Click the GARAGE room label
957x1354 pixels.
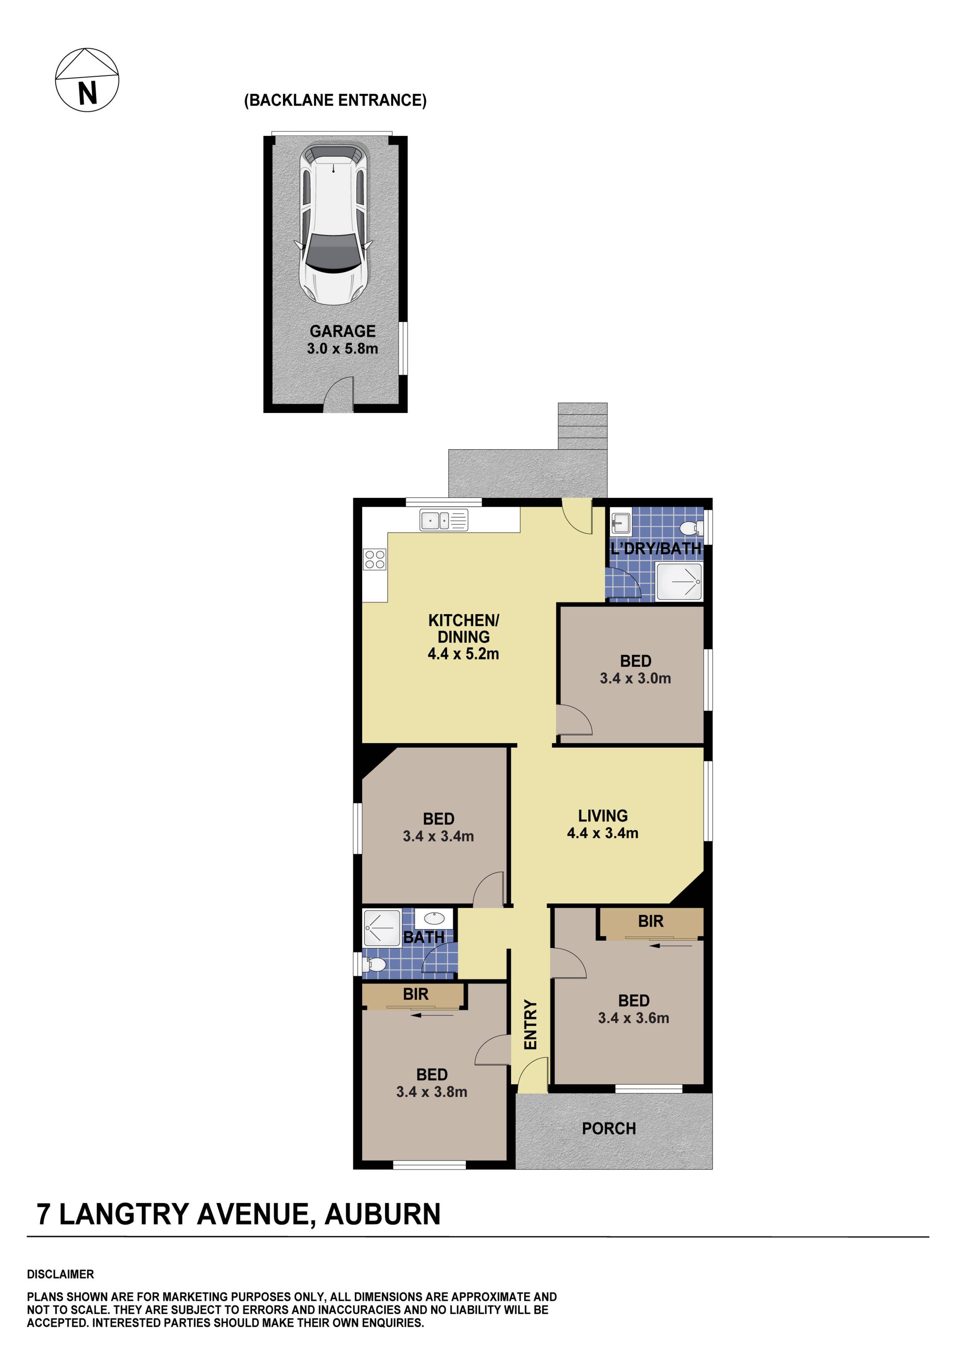pyautogui.click(x=342, y=332)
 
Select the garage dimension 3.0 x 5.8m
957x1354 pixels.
pyautogui.click(x=342, y=349)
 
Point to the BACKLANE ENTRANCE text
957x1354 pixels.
pyautogui.click(x=335, y=100)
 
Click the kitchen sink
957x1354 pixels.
pyautogui.click(x=444, y=520)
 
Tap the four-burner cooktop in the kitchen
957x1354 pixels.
pyautogui.click(x=374, y=559)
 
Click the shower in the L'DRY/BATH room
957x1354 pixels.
pyautogui.click(x=679, y=582)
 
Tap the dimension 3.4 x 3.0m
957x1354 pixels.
pyautogui.click(x=635, y=679)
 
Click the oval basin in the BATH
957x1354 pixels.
pyautogui.click(x=434, y=918)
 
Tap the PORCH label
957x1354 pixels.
pyautogui.click(x=608, y=1129)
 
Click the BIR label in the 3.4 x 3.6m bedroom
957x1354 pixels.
pyautogui.click(x=650, y=922)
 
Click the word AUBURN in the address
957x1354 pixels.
pyautogui.click(x=382, y=1215)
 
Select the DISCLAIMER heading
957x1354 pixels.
pyautogui.click(x=60, y=1274)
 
